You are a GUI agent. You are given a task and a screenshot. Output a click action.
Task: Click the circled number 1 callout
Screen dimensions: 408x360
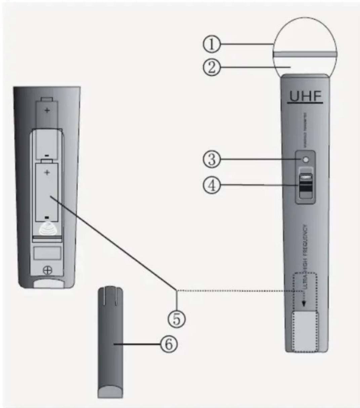211,44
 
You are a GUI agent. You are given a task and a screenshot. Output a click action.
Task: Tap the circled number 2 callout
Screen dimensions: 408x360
211,68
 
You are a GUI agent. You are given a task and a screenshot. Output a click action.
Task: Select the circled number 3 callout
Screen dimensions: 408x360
211,159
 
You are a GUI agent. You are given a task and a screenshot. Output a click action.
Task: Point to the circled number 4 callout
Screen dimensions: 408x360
211,185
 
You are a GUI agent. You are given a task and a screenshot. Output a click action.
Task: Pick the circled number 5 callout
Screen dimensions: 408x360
176,318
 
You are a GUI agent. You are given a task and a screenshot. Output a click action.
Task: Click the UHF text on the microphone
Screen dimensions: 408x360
305,97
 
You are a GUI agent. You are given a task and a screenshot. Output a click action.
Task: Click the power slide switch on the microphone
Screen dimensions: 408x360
306,185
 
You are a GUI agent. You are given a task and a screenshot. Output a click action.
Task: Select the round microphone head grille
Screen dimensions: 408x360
305,37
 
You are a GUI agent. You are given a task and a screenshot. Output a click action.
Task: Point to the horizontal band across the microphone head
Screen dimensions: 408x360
305,54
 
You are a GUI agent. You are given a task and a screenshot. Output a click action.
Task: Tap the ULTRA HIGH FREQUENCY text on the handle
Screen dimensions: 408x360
305,255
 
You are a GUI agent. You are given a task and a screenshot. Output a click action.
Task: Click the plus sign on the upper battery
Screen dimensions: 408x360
47,110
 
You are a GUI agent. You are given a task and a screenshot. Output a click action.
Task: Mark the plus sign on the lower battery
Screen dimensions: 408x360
47,173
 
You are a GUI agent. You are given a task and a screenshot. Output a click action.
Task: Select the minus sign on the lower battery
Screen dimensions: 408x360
47,217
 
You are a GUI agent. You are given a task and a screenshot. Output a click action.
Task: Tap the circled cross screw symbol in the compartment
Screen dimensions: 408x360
48,270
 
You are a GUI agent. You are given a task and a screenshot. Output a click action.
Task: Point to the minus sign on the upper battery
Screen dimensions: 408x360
47,155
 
